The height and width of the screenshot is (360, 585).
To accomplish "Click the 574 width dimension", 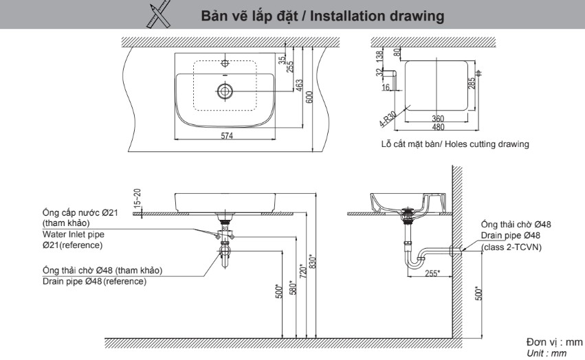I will coord(227,135).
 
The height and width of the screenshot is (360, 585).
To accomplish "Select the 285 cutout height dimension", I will coord(471,84).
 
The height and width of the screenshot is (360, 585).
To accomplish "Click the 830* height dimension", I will coord(313,262).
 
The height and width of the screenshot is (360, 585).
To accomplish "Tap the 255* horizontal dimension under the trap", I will coord(431,273).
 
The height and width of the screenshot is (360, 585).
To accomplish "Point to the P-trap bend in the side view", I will coord(414,261).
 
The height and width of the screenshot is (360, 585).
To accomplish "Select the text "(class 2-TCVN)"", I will coord(511,247).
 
